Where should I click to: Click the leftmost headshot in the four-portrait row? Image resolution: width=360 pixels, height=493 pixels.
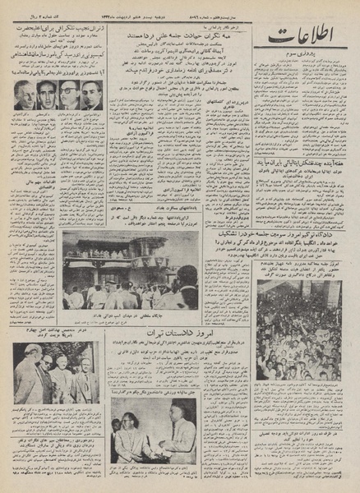(25, 96)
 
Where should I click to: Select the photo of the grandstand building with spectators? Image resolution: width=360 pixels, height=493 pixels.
(130, 269)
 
